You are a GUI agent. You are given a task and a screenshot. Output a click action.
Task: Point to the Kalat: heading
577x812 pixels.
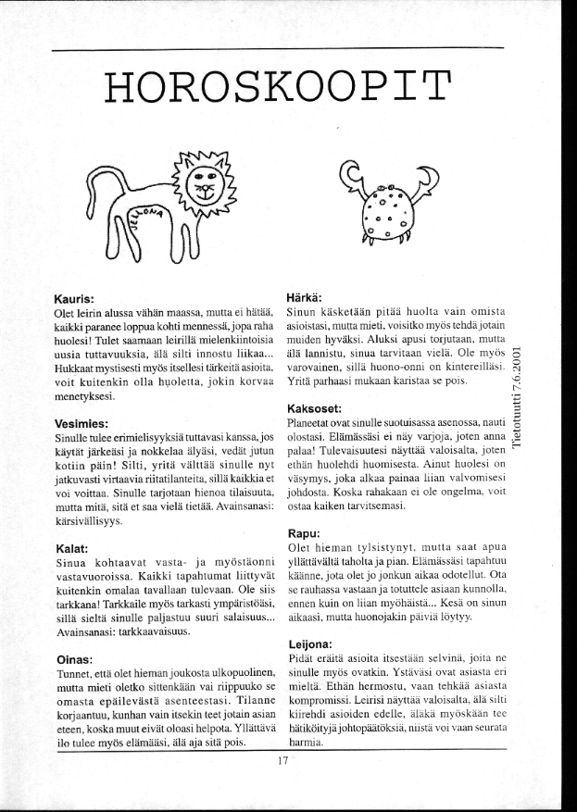click(72, 549)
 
